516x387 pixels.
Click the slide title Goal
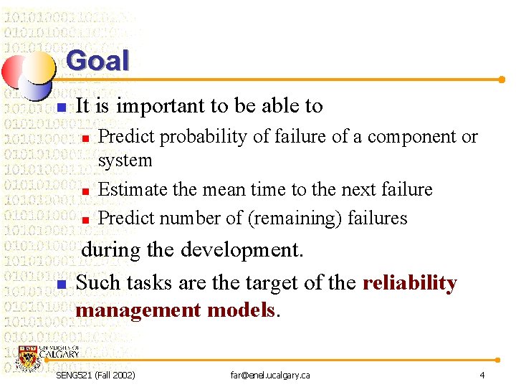point(97,61)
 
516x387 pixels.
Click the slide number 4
point(482,376)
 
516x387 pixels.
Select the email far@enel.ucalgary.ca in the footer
point(269,376)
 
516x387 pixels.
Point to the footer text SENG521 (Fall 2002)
point(95,376)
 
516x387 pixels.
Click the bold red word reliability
point(409,283)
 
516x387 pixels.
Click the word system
point(125,161)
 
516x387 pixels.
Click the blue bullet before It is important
point(62,107)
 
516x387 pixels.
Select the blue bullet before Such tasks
point(62,285)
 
